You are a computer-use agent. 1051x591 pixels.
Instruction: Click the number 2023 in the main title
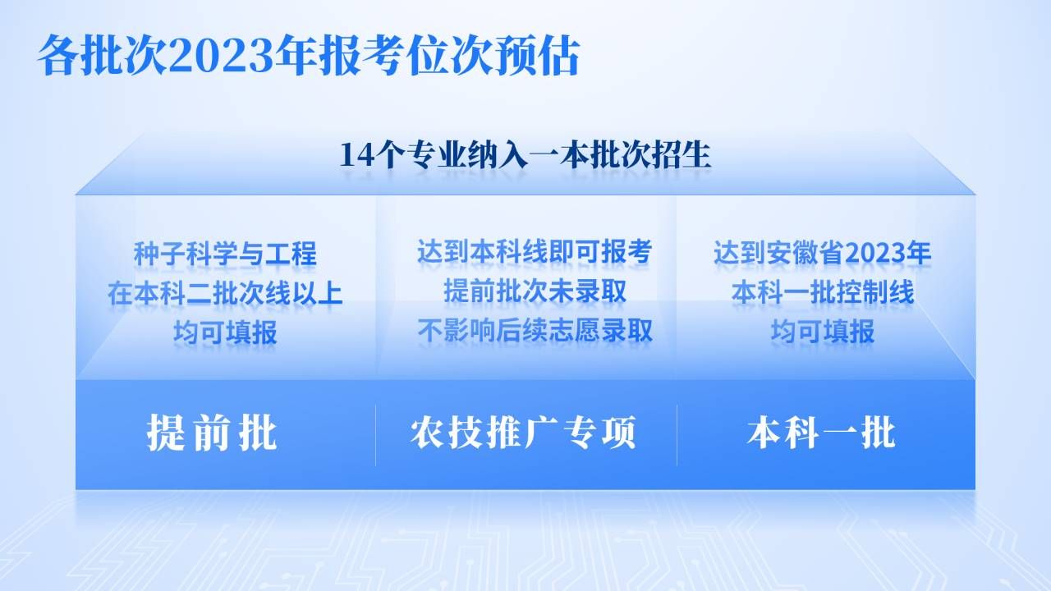pyautogui.click(x=221, y=56)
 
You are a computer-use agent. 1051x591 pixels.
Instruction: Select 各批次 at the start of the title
pyautogui.click(x=103, y=56)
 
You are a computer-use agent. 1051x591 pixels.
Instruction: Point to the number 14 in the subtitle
pyautogui.click(x=356, y=155)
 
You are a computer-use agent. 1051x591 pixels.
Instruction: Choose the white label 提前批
pyautogui.click(x=212, y=433)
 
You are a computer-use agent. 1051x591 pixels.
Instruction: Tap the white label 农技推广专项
pyautogui.click(x=523, y=432)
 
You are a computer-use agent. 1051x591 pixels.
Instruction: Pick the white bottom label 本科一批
pyautogui.click(x=822, y=433)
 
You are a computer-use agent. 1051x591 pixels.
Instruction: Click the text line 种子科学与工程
pyautogui.click(x=225, y=254)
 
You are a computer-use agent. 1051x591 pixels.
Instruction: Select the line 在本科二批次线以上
pyautogui.click(x=225, y=294)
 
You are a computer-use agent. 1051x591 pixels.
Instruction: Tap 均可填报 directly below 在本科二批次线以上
pyautogui.click(x=225, y=332)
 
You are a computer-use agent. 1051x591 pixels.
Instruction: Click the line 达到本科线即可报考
pyautogui.click(x=535, y=251)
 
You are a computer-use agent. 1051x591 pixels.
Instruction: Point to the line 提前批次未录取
pyautogui.click(x=535, y=291)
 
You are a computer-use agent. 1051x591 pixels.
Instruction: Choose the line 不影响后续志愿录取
pyautogui.click(x=535, y=330)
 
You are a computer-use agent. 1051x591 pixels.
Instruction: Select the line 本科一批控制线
pyautogui.click(x=823, y=292)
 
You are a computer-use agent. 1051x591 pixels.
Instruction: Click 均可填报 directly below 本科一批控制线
pyautogui.click(x=823, y=331)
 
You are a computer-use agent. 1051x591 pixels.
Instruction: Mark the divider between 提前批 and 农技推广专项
pyautogui.click(x=375, y=435)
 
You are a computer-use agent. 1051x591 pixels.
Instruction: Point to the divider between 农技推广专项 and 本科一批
pyautogui.click(x=677, y=435)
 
